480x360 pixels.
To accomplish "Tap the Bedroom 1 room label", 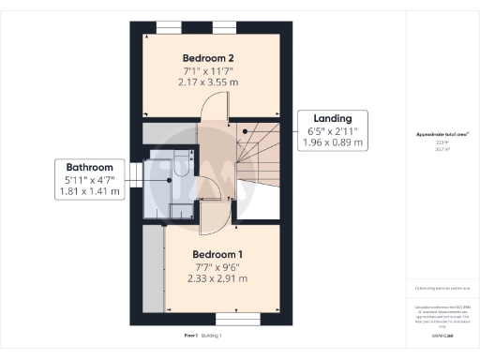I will [217, 254].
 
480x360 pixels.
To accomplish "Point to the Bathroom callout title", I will [89, 167].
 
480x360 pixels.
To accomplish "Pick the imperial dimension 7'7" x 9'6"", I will [217, 266].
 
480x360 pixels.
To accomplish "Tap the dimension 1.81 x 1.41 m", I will [89, 191].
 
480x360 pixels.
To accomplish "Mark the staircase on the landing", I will [258, 159].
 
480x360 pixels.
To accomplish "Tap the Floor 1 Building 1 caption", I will [202, 335].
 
